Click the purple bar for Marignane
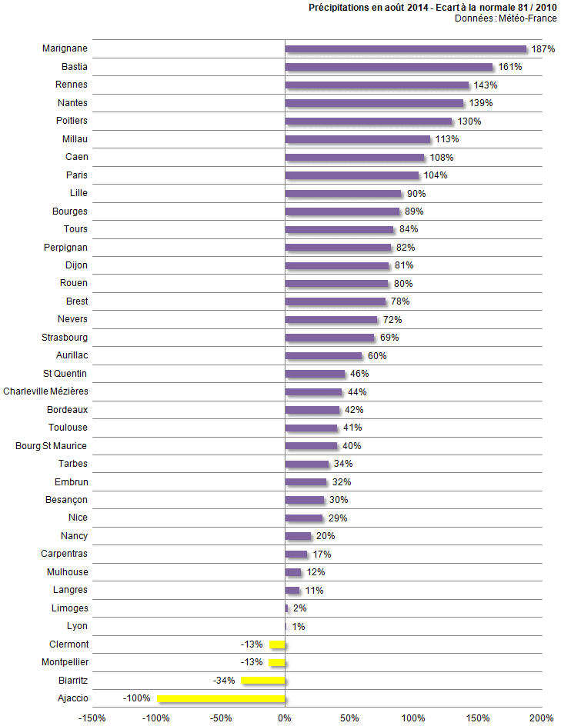[406, 49]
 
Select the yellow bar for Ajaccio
[221, 698]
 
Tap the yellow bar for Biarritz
[263, 681]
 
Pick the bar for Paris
[352, 175]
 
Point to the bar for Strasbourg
[329, 338]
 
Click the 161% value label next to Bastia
[510, 67]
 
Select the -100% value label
[136, 699]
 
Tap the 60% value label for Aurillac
[376, 356]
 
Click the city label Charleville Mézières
[45, 391]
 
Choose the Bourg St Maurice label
[52, 446]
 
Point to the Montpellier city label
[65, 662]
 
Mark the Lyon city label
[77, 626]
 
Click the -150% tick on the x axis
[92, 718]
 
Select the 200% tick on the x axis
[541, 718]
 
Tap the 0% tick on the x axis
[285, 718]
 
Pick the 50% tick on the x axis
[349, 718]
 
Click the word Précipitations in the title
[340, 7]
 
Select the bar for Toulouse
[312, 428]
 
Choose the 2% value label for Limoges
[299, 608]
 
